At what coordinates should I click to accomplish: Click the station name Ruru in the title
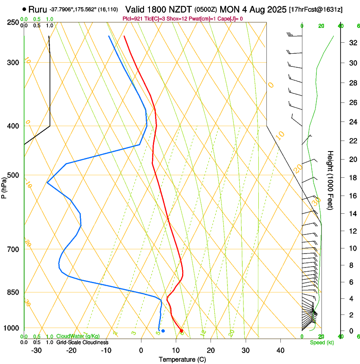[38, 9]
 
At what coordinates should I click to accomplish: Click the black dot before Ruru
[24, 9]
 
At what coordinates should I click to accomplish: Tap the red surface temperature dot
[181, 331]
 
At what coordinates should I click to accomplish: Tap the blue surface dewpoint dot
[163, 331]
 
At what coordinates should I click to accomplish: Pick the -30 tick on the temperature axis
[36, 350]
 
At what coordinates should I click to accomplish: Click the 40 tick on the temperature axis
[280, 350]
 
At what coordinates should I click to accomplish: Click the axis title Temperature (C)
[182, 360]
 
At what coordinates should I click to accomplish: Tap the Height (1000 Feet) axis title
[330, 180]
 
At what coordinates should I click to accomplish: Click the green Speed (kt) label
[321, 342]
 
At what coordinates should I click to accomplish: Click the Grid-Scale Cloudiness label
[82, 342]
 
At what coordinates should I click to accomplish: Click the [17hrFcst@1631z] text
[316, 9]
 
